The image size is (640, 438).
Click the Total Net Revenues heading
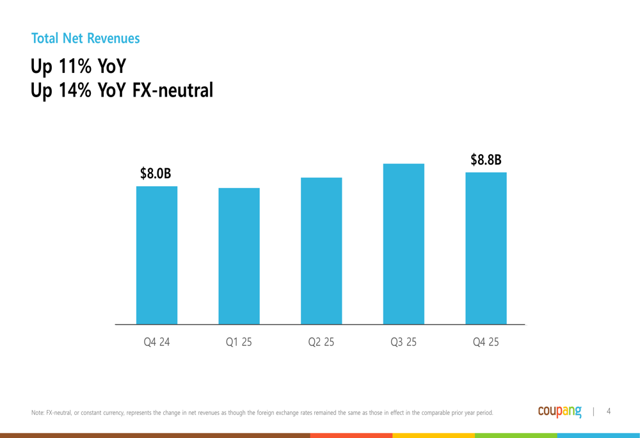click(85, 38)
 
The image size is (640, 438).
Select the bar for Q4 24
click(157, 255)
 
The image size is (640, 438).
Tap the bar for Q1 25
click(239, 256)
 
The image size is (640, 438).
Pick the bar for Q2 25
click(321, 251)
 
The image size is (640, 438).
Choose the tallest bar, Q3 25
click(403, 244)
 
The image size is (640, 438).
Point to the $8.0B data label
click(156, 173)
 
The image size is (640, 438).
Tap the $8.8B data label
click(486, 160)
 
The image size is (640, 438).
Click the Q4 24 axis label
click(157, 342)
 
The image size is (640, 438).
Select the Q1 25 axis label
click(239, 342)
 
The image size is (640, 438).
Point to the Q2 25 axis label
click(321, 342)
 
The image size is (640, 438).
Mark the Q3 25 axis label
click(403, 342)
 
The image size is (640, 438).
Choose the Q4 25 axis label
click(486, 342)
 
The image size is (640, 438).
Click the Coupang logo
click(560, 412)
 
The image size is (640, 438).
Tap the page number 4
click(609, 411)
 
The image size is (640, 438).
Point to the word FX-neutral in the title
click(172, 90)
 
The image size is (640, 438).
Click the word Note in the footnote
click(37, 413)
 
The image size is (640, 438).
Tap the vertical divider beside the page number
click(594, 412)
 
